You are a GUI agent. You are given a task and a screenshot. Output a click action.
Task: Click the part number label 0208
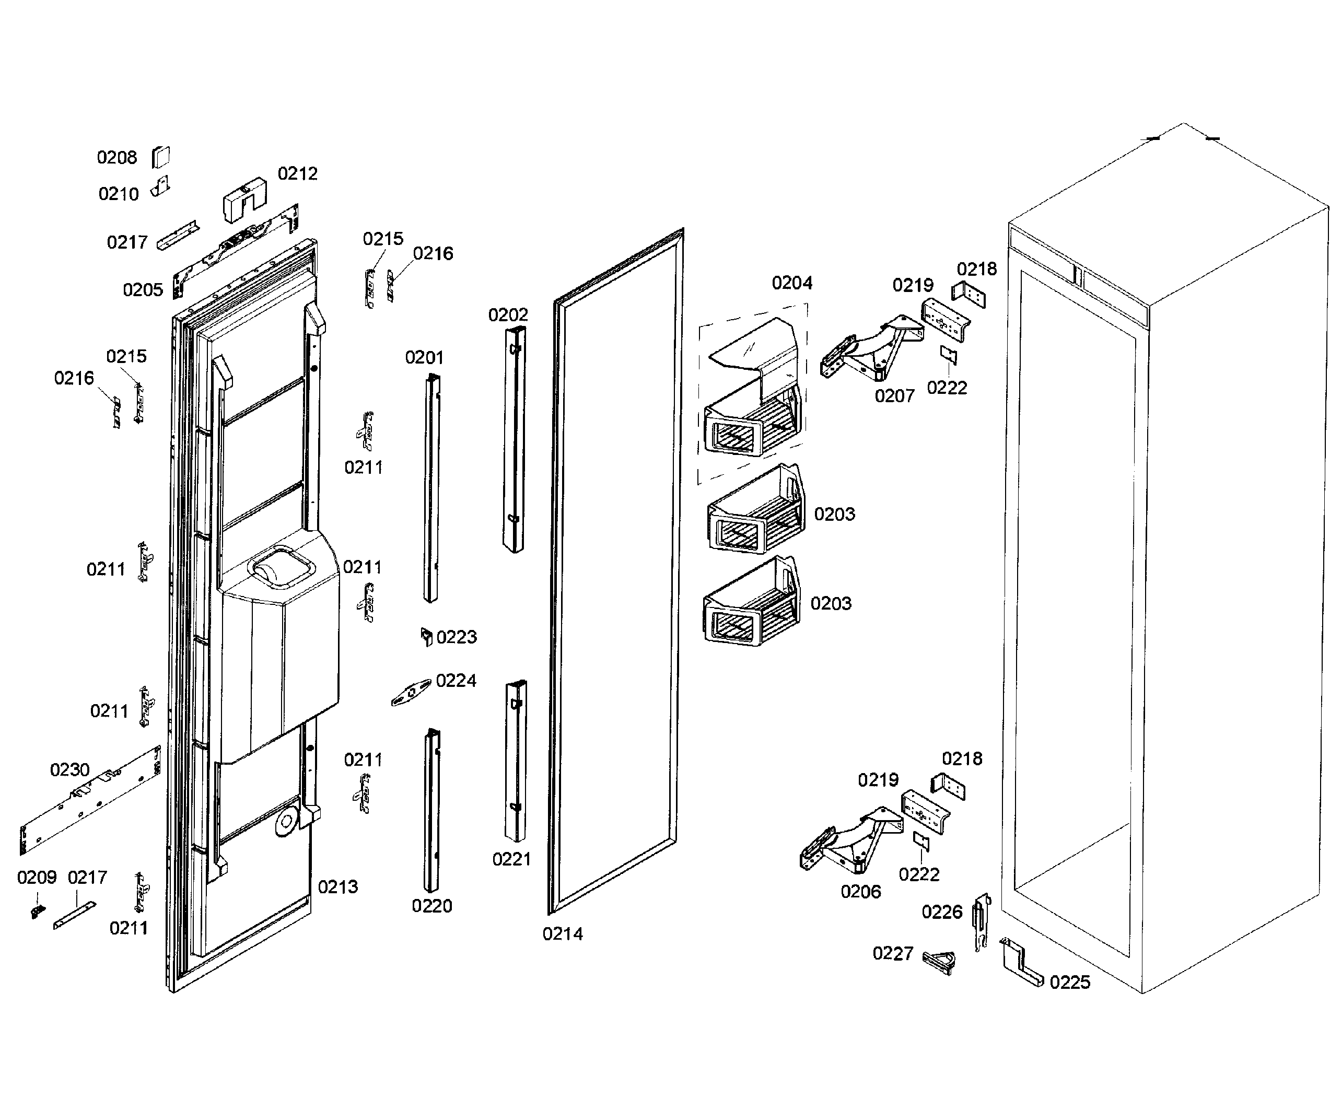tap(116, 157)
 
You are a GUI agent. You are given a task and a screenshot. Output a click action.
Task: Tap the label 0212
tap(298, 173)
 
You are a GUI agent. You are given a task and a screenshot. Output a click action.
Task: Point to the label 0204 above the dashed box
tap(791, 283)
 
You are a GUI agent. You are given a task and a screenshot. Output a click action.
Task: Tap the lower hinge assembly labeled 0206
tap(849, 842)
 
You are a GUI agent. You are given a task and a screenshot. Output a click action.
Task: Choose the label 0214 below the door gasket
tap(563, 933)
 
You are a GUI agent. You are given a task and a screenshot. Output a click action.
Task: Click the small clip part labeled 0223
tap(427, 636)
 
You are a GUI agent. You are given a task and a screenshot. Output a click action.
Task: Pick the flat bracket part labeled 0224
tap(411, 693)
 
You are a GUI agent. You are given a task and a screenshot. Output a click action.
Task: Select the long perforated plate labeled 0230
tap(89, 801)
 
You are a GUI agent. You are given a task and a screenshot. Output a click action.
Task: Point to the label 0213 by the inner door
tap(337, 886)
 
